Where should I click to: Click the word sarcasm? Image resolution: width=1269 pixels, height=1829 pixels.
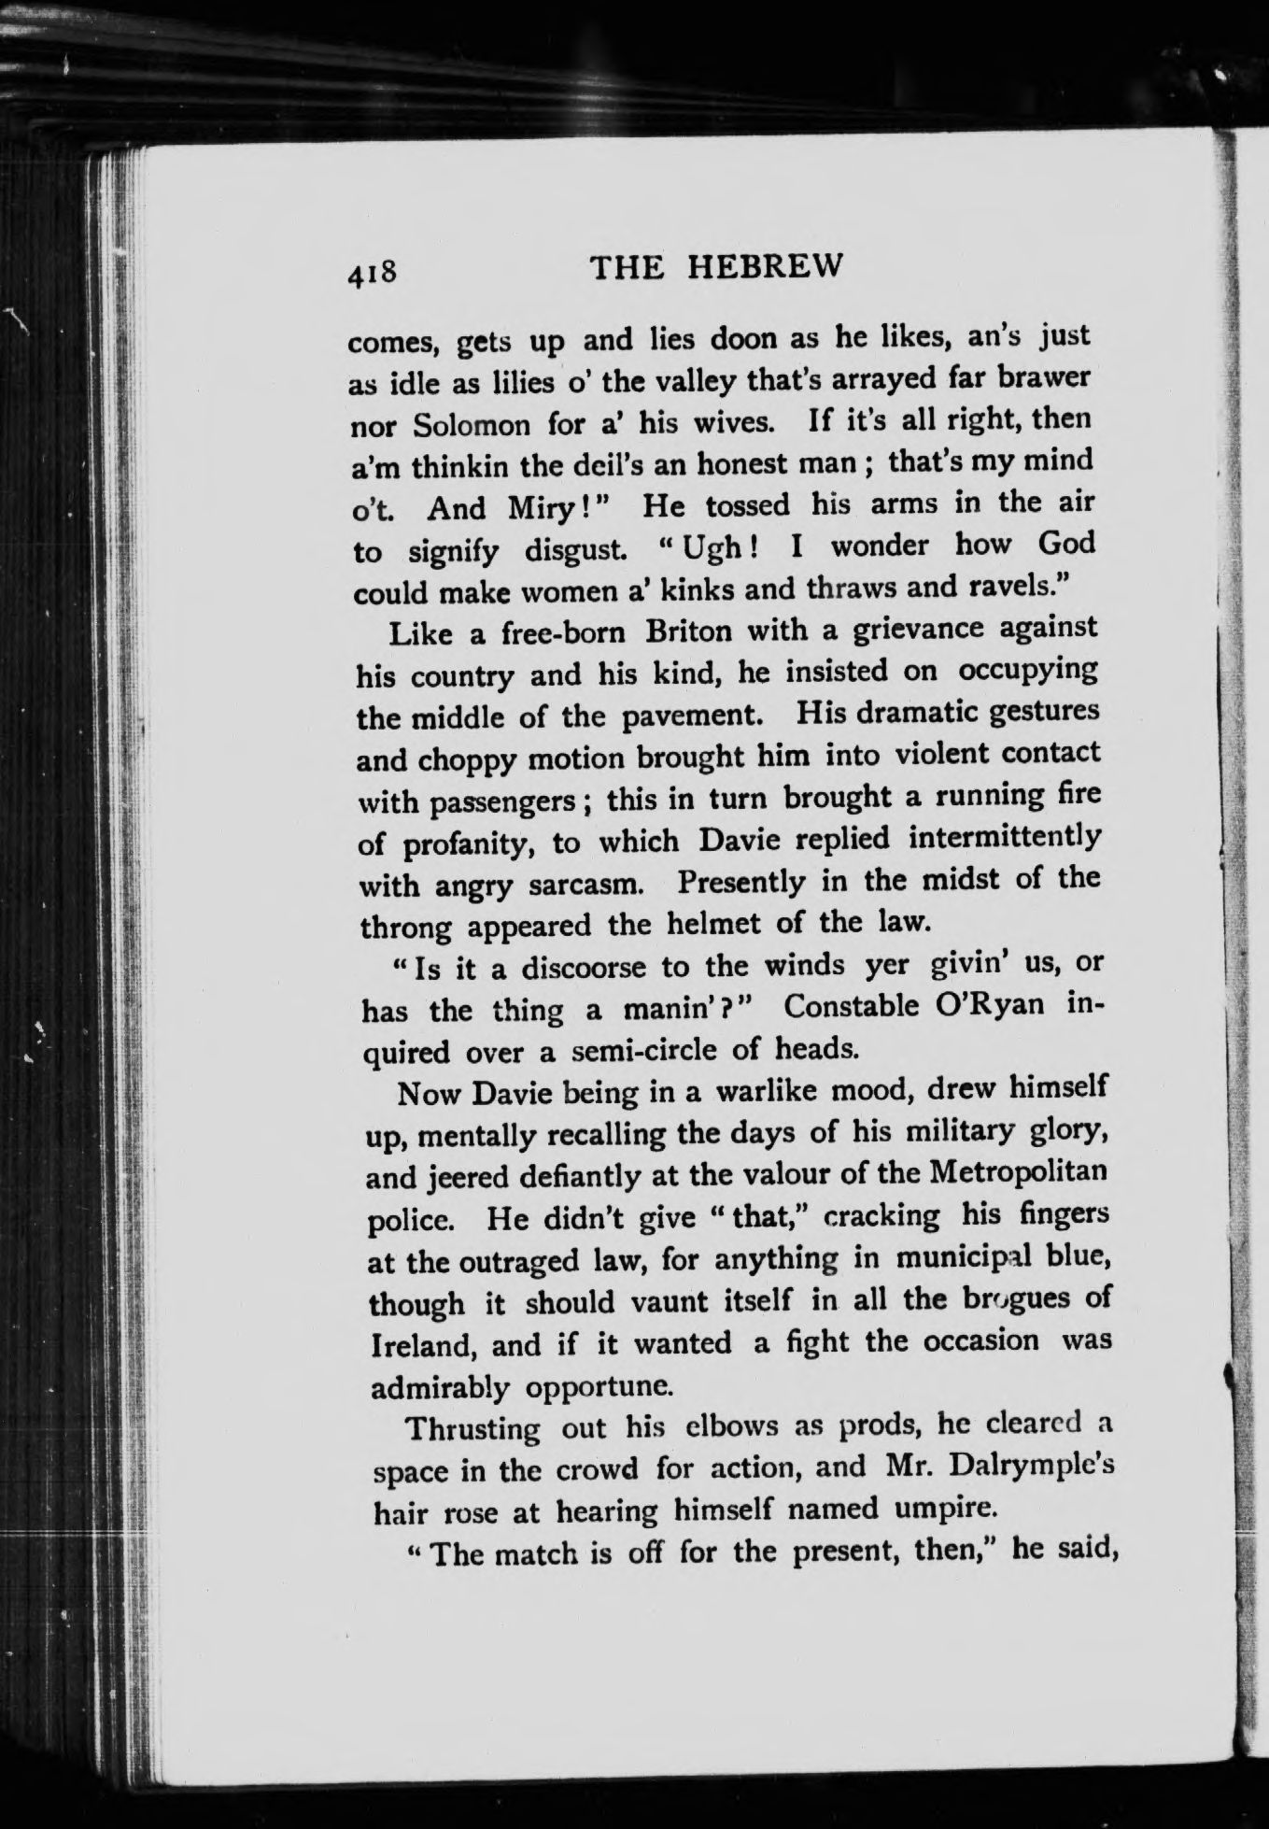585,884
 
